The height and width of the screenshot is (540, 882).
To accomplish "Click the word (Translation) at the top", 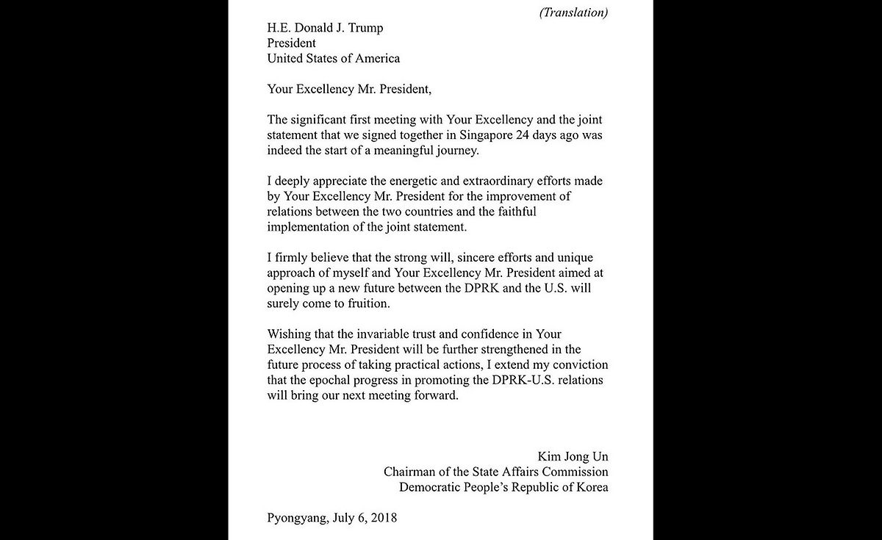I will [574, 12].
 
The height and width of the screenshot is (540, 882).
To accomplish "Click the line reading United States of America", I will [334, 58].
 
